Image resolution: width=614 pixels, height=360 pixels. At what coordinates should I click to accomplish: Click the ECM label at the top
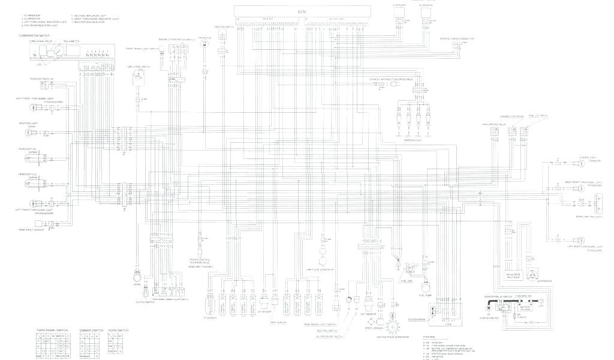pyautogui.click(x=301, y=12)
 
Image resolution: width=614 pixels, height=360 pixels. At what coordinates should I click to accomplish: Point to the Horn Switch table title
pyautogui.click(x=118, y=331)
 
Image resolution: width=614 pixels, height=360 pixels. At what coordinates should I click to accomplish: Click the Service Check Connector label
pyautogui.click(x=458, y=38)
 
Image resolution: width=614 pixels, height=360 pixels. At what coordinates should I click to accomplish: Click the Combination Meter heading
pyautogui.click(x=33, y=36)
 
